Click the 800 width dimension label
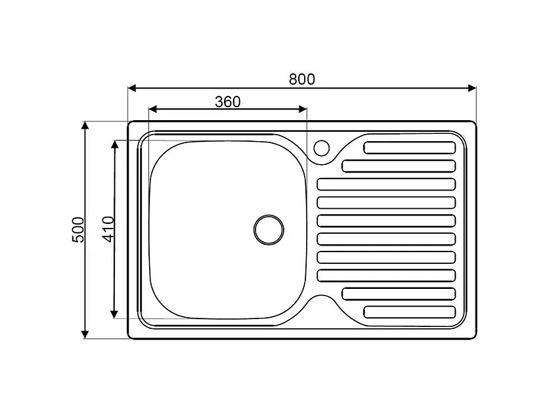pyautogui.click(x=302, y=79)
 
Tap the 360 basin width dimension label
pyautogui.click(x=228, y=101)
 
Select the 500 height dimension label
pyautogui.click(x=78, y=230)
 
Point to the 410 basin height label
pyautogui.click(x=108, y=230)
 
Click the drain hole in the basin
pyautogui.click(x=269, y=228)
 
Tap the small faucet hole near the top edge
pyautogui.click(x=322, y=148)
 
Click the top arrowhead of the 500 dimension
pyautogui.click(x=85, y=127)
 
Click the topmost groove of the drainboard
pyautogui.click(x=410, y=147)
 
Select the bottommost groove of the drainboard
pyautogui.click(x=410, y=312)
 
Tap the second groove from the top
pyautogui.click(x=399, y=166)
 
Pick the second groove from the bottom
pyautogui.click(x=399, y=293)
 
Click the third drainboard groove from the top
pyautogui.click(x=387, y=185)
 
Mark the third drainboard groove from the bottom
pyautogui.click(x=387, y=275)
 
